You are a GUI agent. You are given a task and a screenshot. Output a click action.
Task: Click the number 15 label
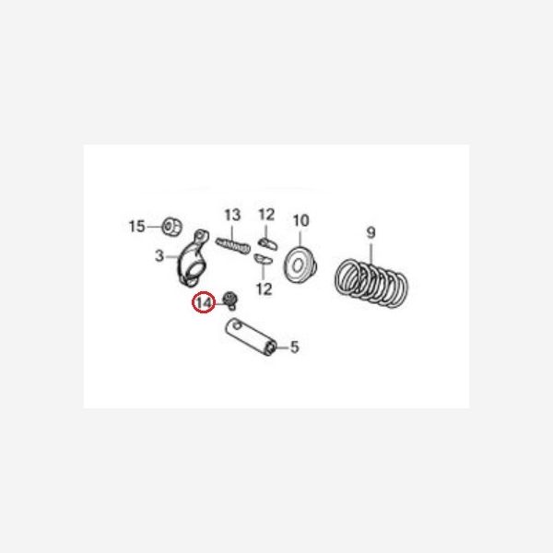(x=136, y=226)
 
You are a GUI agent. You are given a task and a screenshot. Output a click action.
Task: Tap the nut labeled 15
(x=170, y=226)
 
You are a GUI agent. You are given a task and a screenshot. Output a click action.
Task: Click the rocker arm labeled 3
(x=192, y=262)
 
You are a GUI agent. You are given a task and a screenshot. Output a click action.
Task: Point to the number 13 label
(x=231, y=216)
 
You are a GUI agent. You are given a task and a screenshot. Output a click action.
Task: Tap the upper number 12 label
(x=266, y=216)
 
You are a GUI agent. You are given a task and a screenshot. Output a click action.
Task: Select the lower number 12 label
(x=265, y=288)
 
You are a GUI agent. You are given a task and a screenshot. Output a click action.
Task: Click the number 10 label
(x=301, y=220)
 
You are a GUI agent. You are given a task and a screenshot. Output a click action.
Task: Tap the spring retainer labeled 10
(x=300, y=265)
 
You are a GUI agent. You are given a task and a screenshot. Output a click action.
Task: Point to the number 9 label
(x=371, y=231)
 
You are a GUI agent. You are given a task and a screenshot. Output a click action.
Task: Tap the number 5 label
(x=295, y=347)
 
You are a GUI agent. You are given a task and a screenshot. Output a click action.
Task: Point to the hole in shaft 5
(x=239, y=324)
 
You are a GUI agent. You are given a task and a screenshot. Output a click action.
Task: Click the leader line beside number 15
(x=152, y=226)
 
